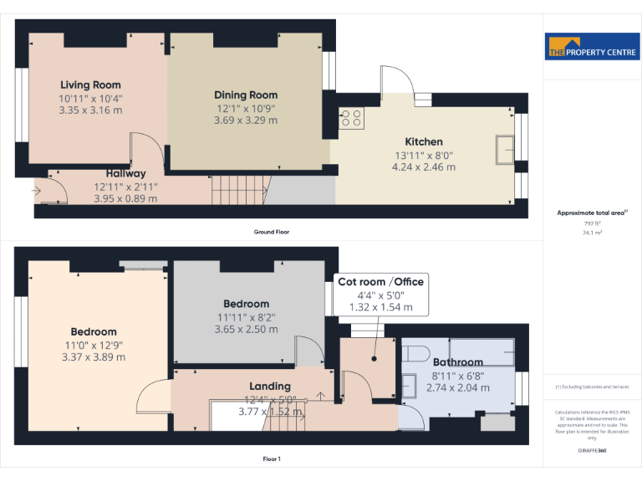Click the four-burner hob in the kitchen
click(352, 119)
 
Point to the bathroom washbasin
click(408, 385)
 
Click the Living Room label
click(90, 85)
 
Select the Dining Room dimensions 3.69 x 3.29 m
click(246, 120)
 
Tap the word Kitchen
click(424, 141)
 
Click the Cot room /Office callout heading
click(380, 282)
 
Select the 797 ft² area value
click(592, 223)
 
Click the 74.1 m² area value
click(592, 233)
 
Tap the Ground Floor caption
click(272, 232)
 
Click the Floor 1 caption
click(272, 459)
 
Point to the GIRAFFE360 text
click(592, 451)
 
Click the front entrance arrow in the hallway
click(37, 191)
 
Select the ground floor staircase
click(237, 190)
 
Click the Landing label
click(271, 386)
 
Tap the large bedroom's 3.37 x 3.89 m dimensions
click(94, 356)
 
